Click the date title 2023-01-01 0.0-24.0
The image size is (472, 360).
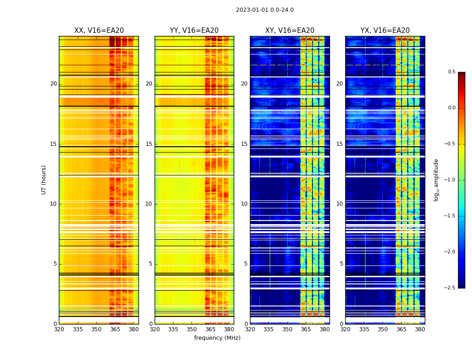(x=265, y=10)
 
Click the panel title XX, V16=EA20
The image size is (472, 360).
(x=99, y=31)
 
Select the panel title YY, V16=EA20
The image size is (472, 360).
(x=194, y=31)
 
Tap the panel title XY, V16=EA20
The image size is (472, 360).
(x=289, y=31)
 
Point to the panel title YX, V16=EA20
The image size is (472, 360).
(x=385, y=31)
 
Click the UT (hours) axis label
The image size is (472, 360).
(x=44, y=180)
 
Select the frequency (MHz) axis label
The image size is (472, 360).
(x=217, y=338)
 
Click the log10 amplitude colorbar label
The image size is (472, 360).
(x=436, y=180)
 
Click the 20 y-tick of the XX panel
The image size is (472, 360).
(x=53, y=84)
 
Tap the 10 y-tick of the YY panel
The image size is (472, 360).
(x=149, y=204)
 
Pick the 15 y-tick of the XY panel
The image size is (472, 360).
(x=244, y=144)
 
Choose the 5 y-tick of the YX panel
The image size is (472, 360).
(x=341, y=264)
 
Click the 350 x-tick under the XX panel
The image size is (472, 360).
(x=96, y=329)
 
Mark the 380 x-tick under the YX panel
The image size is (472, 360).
(x=420, y=329)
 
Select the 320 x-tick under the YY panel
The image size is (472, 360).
(x=155, y=329)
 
